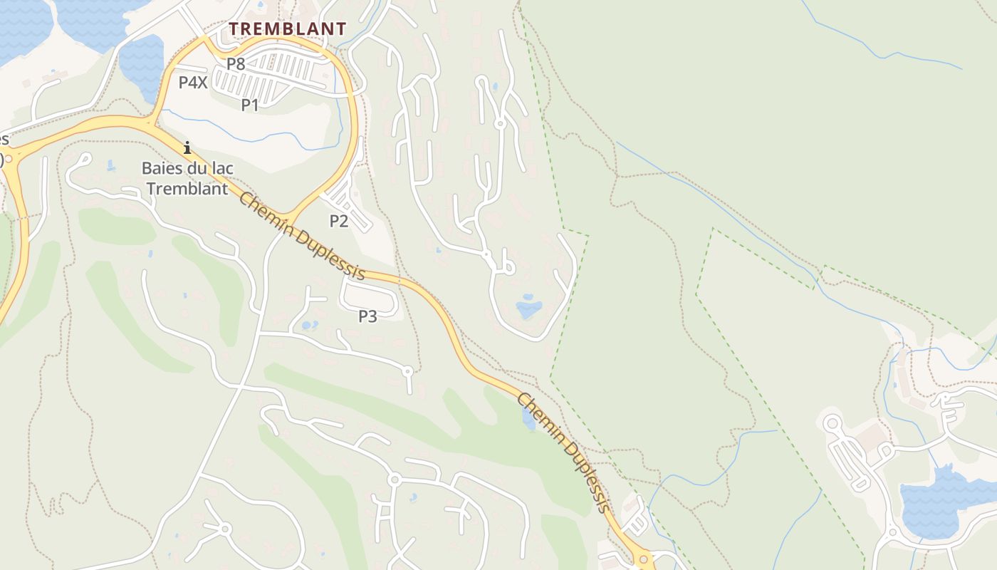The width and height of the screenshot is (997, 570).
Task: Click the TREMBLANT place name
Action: (x=288, y=29)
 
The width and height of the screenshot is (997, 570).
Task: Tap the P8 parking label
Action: (x=236, y=64)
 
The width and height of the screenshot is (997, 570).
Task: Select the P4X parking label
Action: (x=192, y=83)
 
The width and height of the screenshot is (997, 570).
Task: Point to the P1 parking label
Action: (x=249, y=105)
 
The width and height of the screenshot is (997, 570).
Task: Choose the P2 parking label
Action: (x=338, y=221)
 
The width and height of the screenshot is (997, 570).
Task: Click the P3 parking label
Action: (x=367, y=316)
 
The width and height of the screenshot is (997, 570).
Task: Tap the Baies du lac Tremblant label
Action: (x=187, y=179)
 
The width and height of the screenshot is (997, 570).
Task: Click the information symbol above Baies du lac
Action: (x=187, y=148)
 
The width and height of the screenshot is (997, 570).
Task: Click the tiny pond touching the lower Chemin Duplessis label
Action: (x=528, y=420)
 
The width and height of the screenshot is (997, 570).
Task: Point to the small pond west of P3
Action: (x=309, y=326)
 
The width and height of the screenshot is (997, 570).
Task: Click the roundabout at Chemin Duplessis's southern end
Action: (x=643, y=559)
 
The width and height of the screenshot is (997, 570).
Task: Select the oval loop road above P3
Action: (x=369, y=293)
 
